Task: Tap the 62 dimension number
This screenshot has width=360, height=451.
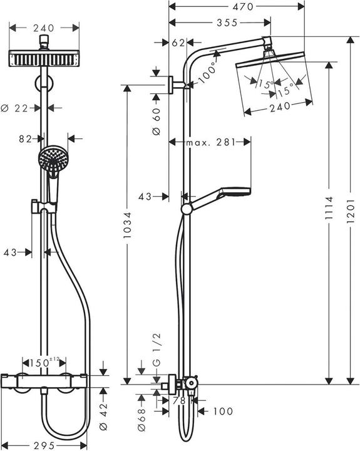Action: (x=178, y=43)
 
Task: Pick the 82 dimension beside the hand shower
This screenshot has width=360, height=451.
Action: (x=25, y=139)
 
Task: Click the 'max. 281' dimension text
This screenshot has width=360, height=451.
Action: (x=210, y=143)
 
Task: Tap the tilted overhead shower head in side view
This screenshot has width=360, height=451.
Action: (x=273, y=75)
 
